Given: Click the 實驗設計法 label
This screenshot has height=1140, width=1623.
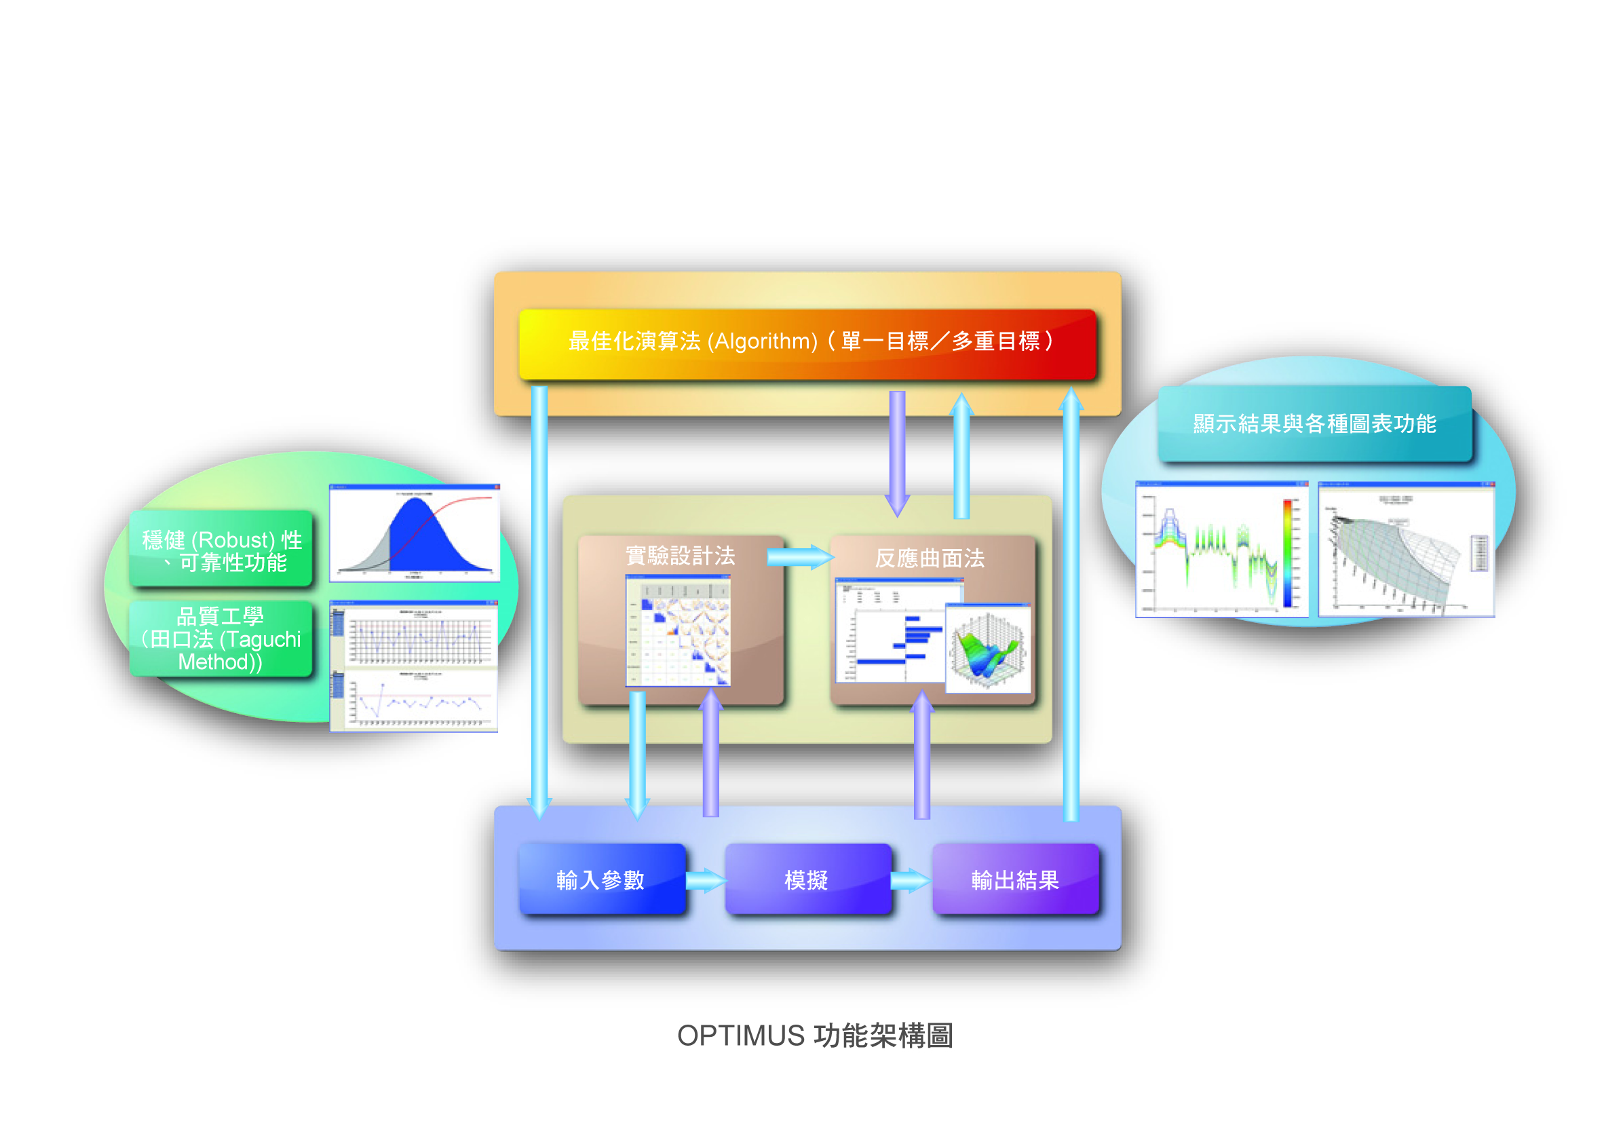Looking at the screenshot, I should pyautogui.click(x=680, y=556).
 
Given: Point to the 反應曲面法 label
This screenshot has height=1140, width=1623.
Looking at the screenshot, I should pyautogui.click(x=929, y=558).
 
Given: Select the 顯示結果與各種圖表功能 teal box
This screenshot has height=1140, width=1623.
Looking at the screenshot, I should pyautogui.click(x=1314, y=423).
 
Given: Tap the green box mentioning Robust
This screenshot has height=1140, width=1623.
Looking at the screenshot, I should pyautogui.click(x=221, y=549).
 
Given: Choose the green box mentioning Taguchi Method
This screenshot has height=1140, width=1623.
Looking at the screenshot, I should pyautogui.click(x=221, y=639).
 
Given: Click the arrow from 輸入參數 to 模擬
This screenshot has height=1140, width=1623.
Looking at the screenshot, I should pyautogui.click(x=706, y=881).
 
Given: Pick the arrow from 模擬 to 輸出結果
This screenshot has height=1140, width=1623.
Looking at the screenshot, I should pyautogui.click(x=911, y=881).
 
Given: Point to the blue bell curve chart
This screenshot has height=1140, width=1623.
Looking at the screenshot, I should pyautogui.click(x=415, y=533).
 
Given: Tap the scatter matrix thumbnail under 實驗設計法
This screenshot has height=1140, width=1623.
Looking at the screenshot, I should pyautogui.click(x=678, y=630).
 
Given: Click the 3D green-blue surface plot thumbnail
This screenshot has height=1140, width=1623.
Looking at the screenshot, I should pyautogui.click(x=987, y=648).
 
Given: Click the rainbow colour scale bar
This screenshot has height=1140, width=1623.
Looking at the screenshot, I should pyautogui.click(x=1287, y=552).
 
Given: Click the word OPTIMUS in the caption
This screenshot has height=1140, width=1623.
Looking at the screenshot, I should pyautogui.click(x=740, y=1035).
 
